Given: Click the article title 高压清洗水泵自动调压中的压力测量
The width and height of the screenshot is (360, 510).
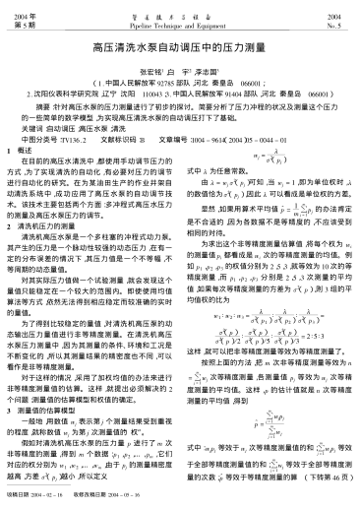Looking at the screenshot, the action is [x=179, y=45].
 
